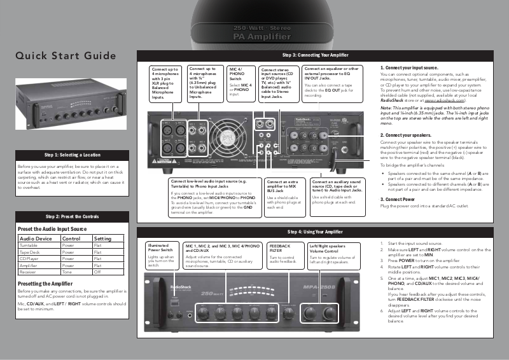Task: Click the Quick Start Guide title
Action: pos(66,55)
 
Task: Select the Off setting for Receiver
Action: pos(97,272)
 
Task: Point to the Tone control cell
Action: pos(67,272)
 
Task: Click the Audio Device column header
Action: pos(36,238)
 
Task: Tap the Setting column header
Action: pos(102,238)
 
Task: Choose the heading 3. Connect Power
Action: pos(398,199)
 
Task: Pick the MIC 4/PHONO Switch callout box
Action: pos(241,81)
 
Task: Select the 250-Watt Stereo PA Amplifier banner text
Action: pos(254,33)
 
